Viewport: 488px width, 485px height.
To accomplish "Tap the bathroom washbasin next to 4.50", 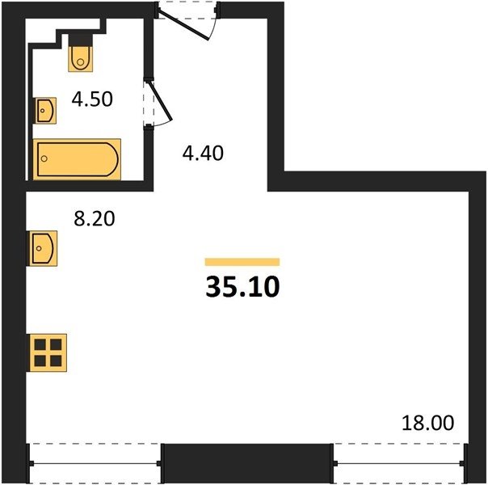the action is click(45, 111).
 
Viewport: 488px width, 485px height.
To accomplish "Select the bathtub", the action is click(77, 159).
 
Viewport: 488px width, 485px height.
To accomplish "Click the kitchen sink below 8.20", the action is click(43, 248).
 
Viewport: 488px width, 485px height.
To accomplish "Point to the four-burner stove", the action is click(48, 352).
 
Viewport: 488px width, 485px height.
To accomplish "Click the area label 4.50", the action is click(92, 99).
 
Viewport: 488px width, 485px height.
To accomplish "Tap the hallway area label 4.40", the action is click(203, 153).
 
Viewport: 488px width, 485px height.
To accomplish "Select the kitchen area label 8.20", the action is click(95, 218).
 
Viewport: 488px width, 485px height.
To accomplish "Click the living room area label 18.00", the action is click(428, 423).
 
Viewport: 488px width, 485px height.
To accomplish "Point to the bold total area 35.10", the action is click(242, 287).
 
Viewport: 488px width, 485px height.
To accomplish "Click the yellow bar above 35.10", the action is click(242, 262).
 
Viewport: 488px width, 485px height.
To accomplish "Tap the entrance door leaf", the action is click(183, 25).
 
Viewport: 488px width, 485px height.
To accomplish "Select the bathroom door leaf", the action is click(162, 101).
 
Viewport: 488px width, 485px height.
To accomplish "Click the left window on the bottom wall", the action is click(95, 463).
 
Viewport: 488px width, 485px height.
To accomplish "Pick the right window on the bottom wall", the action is click(400, 463).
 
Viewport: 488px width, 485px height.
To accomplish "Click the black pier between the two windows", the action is click(247, 463).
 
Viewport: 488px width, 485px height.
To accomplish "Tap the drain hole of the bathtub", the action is click(44, 158).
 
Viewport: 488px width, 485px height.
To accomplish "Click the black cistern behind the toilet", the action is click(81, 40).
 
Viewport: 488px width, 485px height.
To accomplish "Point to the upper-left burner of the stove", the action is click(40, 344).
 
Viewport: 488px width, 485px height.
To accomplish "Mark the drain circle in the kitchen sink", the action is click(39, 248).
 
